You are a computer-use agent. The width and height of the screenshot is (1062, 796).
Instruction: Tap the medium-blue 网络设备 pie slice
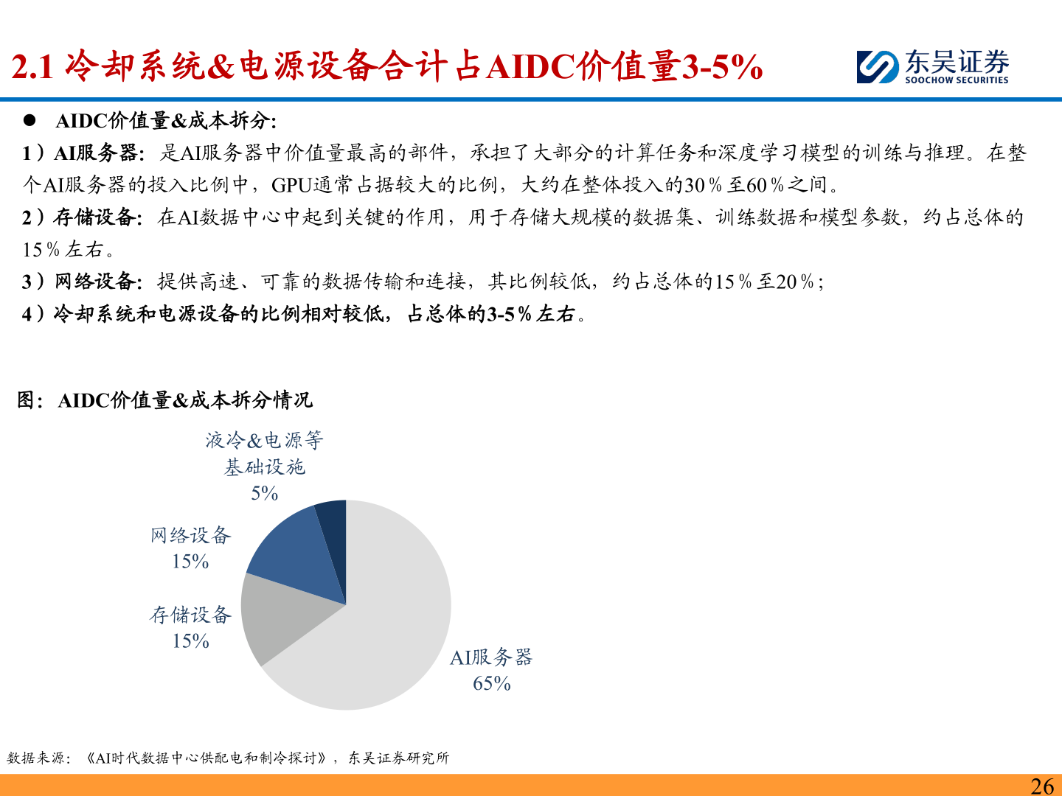tap(295, 556)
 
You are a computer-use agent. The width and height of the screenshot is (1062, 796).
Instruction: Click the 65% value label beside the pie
tap(492, 683)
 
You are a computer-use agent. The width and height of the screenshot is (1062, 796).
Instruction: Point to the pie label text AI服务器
tap(491, 657)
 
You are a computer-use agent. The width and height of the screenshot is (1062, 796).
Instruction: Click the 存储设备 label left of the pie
tap(190, 615)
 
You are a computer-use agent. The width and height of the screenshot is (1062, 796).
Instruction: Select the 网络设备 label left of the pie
tap(190, 535)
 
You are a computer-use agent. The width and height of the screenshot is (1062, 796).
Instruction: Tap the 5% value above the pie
tap(264, 493)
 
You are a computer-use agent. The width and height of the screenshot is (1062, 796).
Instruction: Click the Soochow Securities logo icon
tap(878, 67)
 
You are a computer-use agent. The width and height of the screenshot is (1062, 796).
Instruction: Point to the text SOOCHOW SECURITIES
tap(957, 80)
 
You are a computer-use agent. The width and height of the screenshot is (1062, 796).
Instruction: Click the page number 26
tap(1042, 786)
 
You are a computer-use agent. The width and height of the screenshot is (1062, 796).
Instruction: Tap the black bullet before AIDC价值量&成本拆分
tap(29, 119)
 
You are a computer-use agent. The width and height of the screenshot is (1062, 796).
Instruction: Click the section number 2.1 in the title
tap(33, 67)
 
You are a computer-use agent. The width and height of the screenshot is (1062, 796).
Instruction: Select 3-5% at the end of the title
tap(722, 67)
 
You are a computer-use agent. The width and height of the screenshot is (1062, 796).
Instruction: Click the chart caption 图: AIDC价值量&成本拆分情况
tap(165, 400)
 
